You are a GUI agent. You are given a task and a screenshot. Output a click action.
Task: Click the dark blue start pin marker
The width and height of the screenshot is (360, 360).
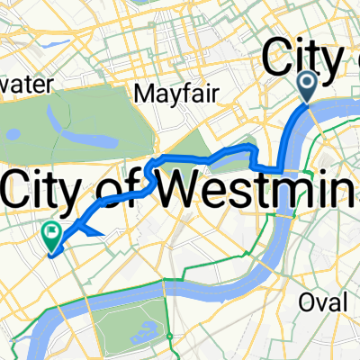[306, 87]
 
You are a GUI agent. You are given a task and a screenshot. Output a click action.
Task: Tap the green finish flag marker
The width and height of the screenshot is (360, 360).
[50, 237]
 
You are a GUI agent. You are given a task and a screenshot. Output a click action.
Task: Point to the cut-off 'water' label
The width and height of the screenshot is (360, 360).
[27, 83]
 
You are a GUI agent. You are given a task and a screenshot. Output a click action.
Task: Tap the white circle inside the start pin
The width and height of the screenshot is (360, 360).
[306, 83]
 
